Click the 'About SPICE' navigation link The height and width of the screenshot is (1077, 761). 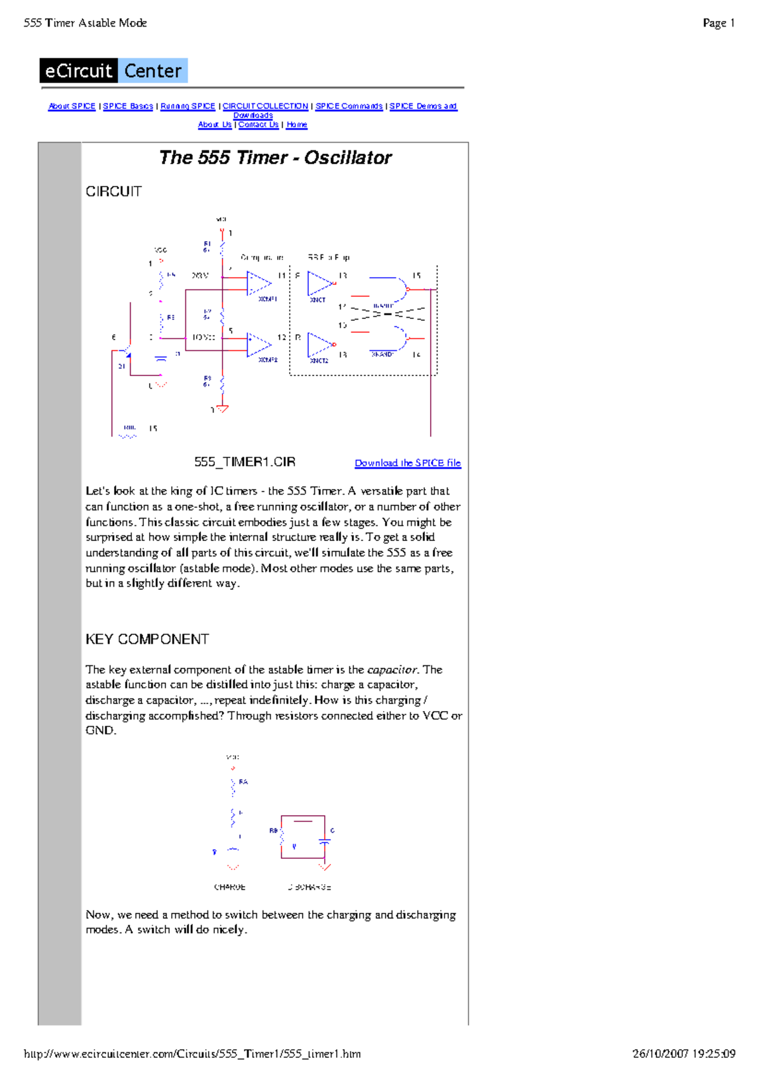coord(72,107)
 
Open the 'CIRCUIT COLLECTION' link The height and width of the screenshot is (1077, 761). coord(265,107)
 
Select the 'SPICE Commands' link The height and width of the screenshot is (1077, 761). coord(349,107)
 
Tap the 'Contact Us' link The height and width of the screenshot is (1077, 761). coord(258,125)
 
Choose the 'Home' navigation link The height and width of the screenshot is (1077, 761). coord(297,125)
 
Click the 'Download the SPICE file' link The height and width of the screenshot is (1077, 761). coord(408,463)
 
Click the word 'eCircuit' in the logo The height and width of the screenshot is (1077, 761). coord(79,71)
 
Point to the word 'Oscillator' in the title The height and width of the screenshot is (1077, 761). coord(348,158)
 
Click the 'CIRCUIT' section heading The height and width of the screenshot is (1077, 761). coord(114,192)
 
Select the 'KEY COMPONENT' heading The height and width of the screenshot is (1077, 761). coord(147,639)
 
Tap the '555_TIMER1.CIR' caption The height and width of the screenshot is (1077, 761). coord(245,462)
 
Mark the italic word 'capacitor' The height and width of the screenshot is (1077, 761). coord(392,670)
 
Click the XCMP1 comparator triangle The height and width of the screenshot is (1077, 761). coord(257,284)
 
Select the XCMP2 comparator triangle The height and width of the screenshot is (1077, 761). coord(257,344)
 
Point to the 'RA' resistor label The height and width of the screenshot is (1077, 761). coord(244,782)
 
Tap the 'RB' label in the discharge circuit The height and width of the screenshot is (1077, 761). coord(273,830)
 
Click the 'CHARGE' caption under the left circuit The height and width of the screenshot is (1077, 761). coord(230,887)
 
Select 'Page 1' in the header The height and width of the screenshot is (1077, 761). coord(719,23)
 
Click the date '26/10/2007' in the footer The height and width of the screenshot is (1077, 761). coord(660,1054)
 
